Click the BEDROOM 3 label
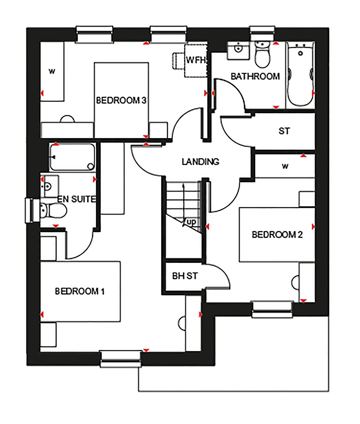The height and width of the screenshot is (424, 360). coord(121,101)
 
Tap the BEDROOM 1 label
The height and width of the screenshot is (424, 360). coord(80,291)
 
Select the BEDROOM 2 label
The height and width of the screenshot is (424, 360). coord(277,235)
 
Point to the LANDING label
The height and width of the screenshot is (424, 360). coord(200,162)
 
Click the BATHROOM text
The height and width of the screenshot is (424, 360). coord(255,76)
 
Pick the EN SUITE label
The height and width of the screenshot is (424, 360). coord(77,200)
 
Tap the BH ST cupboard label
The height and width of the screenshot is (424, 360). coord(185,276)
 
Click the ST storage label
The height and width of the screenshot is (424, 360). coord(284,131)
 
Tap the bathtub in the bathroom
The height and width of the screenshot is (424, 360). coord(300,74)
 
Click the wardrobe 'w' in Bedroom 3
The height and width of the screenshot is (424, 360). coord(52,72)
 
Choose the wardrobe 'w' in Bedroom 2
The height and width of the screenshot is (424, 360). coord(285,166)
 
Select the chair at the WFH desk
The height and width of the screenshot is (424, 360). coord(176,60)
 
